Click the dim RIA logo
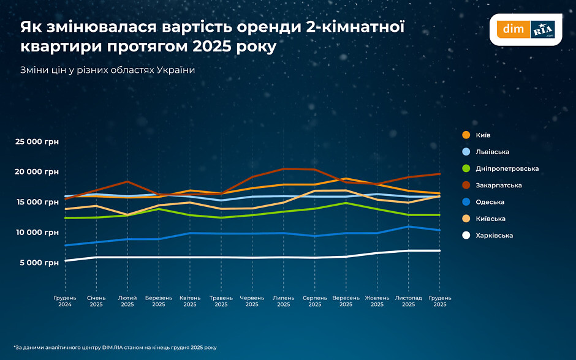click(x=526, y=29)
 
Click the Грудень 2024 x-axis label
click(x=65, y=301)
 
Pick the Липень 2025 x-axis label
click(x=283, y=301)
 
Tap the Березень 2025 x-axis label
click(x=159, y=301)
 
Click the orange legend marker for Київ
click(x=466, y=135)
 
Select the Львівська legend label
click(x=492, y=152)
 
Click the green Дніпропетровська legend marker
click(x=466, y=168)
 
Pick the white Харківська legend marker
click(x=466, y=235)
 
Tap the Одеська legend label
click(x=489, y=202)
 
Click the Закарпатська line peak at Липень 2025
click(x=283, y=169)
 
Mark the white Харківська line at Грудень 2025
click(x=439, y=250)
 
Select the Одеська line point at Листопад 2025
click(x=408, y=227)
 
